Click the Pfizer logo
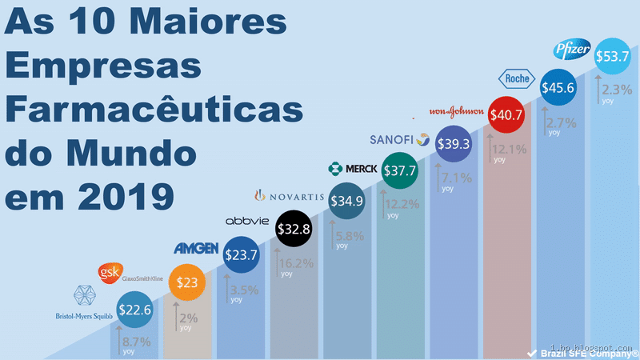tap(572, 51)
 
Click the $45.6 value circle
tap(558, 89)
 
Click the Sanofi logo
tap(401, 140)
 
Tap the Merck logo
tap(353, 169)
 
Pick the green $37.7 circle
tap(400, 170)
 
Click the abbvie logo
tap(247, 221)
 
